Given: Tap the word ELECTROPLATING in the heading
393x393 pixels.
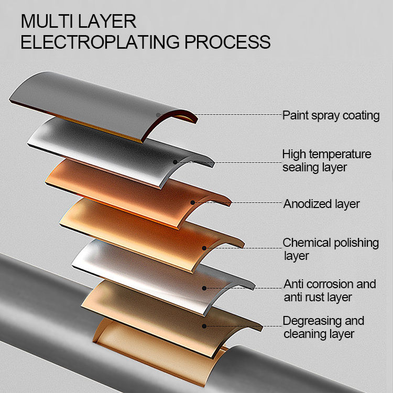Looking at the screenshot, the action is (x=100, y=41).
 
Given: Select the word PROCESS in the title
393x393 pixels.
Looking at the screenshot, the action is (x=227, y=41).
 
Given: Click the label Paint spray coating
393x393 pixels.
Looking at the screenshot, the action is (x=331, y=116).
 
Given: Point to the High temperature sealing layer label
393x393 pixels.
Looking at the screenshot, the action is (x=326, y=161).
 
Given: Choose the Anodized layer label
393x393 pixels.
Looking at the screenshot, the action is (x=321, y=204).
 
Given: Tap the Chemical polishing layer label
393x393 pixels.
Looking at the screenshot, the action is (x=331, y=249).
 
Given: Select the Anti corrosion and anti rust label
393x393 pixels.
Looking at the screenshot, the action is (x=330, y=290).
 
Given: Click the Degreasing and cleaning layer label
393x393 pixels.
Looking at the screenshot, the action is (x=324, y=327).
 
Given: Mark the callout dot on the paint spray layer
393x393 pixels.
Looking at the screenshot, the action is (x=158, y=115).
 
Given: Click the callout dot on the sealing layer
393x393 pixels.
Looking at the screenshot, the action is (x=175, y=162).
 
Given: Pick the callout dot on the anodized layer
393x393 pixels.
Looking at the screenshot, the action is (x=192, y=202).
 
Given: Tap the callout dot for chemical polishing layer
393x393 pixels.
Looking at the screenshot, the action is (x=204, y=248).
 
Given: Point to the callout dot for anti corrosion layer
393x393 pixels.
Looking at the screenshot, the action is (x=204, y=288).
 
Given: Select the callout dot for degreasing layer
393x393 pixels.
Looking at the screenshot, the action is (x=204, y=326).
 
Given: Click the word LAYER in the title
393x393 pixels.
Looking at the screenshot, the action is (x=107, y=21).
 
